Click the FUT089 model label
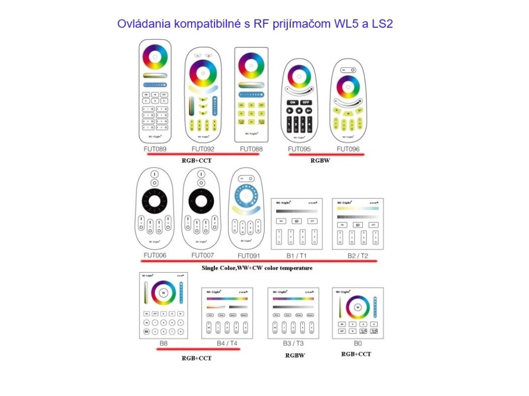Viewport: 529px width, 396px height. click(x=155, y=149)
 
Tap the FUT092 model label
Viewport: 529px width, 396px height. click(x=203, y=149)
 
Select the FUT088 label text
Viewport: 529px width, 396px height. click(x=251, y=149)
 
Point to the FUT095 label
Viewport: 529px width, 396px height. click(x=300, y=149)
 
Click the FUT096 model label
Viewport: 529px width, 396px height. click(x=348, y=149)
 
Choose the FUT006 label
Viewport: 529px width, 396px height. click(x=155, y=255)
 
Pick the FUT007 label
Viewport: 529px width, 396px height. click(x=203, y=255)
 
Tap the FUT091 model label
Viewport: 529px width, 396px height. click(x=248, y=256)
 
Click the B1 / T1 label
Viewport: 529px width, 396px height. click(x=297, y=256)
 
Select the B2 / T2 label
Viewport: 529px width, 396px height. click(x=358, y=256)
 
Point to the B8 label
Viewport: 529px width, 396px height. click(x=163, y=342)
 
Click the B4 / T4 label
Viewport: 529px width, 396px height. click(x=227, y=342)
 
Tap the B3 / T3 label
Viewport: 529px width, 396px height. click(x=293, y=342)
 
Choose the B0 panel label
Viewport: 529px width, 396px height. click(x=357, y=342)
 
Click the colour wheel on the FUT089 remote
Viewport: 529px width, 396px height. click(x=155, y=57)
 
